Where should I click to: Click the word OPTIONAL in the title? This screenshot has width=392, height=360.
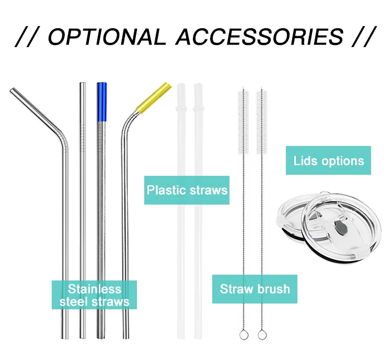point(108,36)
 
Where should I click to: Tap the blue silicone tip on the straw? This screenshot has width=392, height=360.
point(101,102)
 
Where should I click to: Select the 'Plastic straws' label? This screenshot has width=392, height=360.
point(187,189)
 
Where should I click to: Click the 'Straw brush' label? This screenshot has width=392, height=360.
point(255,289)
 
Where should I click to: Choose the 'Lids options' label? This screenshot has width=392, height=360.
point(328,160)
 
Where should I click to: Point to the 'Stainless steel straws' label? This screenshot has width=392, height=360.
point(94,295)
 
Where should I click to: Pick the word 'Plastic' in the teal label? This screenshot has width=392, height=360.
point(166,189)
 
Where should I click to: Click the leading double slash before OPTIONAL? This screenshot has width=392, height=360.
point(26,36)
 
